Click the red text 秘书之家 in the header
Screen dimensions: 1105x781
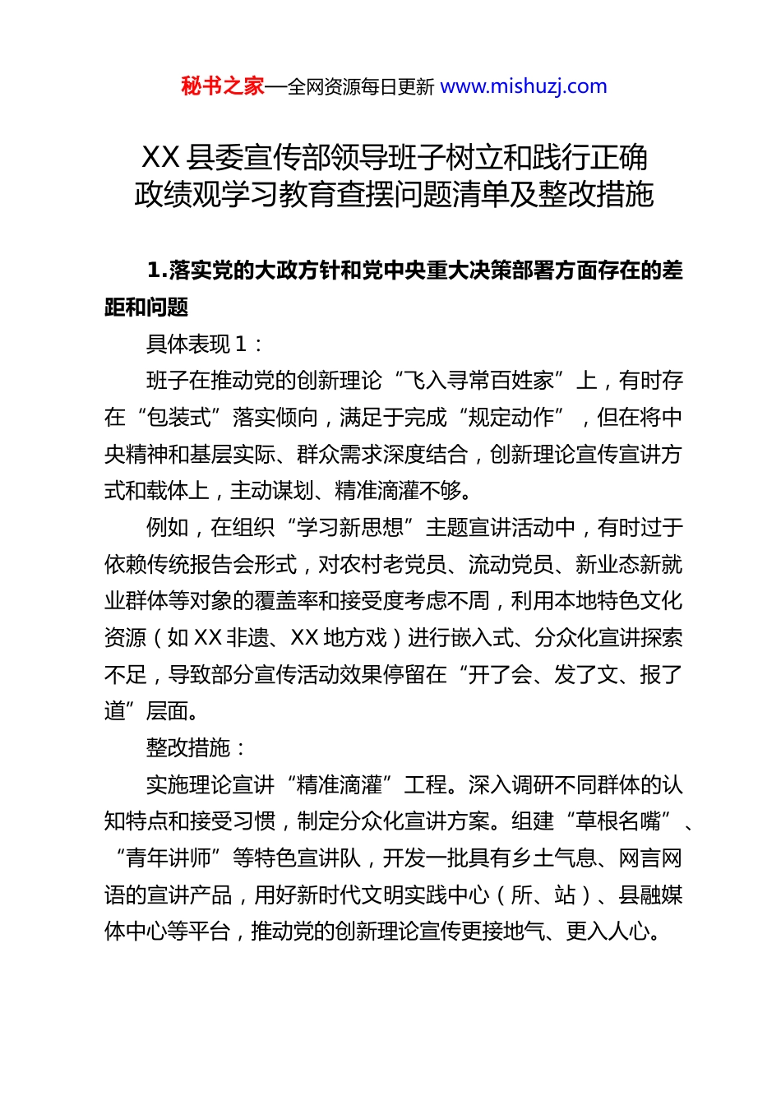pyautogui.click(x=223, y=86)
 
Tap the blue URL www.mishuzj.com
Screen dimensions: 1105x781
pyautogui.click(x=524, y=86)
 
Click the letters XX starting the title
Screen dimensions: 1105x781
pyautogui.click(x=160, y=157)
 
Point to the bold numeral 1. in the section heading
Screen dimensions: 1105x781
pyautogui.click(x=157, y=270)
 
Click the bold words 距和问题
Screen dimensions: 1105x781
pyautogui.click(x=146, y=307)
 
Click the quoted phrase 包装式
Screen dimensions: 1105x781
pyautogui.click(x=179, y=418)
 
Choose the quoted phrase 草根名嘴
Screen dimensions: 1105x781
pyautogui.click(x=618, y=821)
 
